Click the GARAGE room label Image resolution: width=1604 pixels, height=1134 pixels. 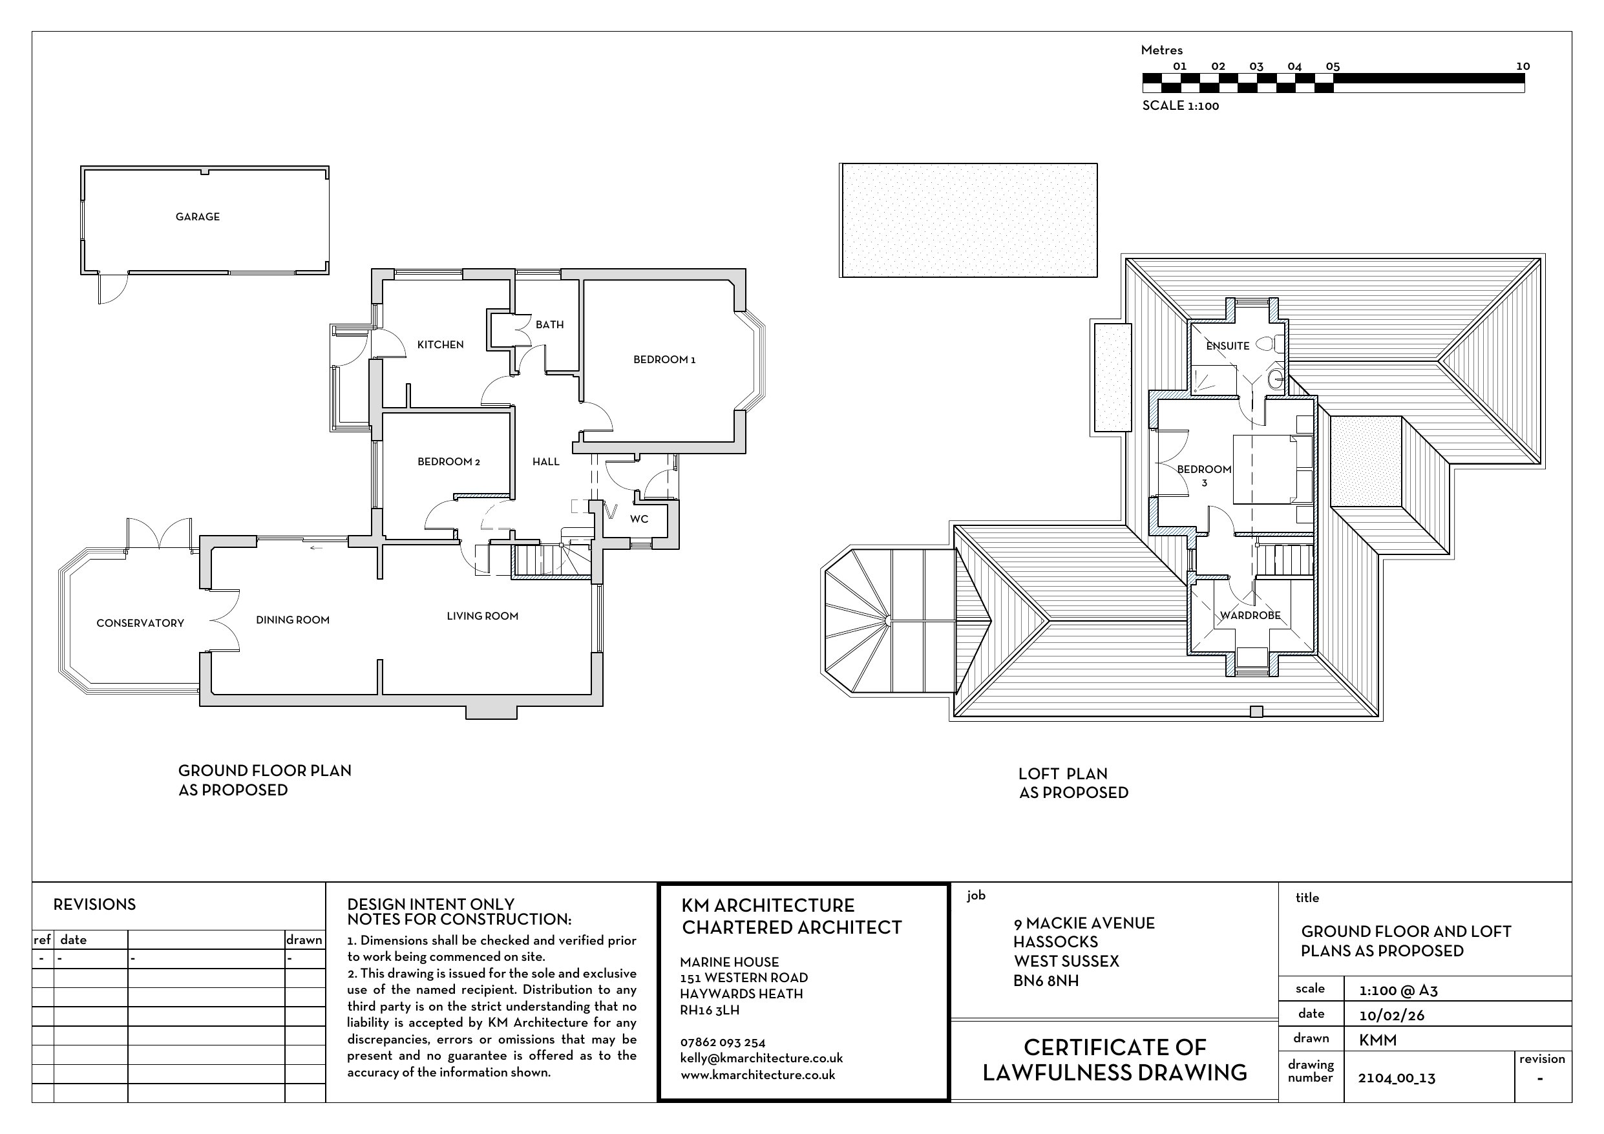[198, 216]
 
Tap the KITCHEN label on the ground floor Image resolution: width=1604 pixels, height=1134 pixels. [440, 344]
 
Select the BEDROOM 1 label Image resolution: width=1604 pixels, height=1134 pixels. [664, 360]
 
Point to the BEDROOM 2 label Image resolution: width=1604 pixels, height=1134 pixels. [448, 462]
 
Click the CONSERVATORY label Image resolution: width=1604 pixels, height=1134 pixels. [140, 624]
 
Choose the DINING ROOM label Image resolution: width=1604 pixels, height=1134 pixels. [293, 620]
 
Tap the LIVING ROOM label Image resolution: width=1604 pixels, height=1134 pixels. [483, 616]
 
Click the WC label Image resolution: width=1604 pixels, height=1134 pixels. [639, 519]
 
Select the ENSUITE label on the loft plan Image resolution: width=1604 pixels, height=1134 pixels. [1227, 346]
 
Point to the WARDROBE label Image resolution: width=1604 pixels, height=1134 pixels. [1250, 616]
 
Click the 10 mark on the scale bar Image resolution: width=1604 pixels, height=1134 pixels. [1523, 67]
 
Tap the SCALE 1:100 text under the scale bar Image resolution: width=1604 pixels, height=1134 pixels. [1181, 105]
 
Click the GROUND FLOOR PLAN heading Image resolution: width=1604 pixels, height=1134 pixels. [265, 771]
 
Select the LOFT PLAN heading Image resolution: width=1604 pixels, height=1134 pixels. [1062, 773]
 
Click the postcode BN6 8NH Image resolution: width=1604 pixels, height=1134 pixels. [1046, 981]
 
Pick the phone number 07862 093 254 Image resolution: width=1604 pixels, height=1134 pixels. [723, 1043]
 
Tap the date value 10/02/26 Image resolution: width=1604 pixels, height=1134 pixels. [1391, 1015]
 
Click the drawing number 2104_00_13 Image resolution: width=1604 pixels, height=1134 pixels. [1397, 1078]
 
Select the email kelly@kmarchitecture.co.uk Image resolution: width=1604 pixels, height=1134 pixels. [761, 1058]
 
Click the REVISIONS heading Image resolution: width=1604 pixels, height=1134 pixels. [94, 904]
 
